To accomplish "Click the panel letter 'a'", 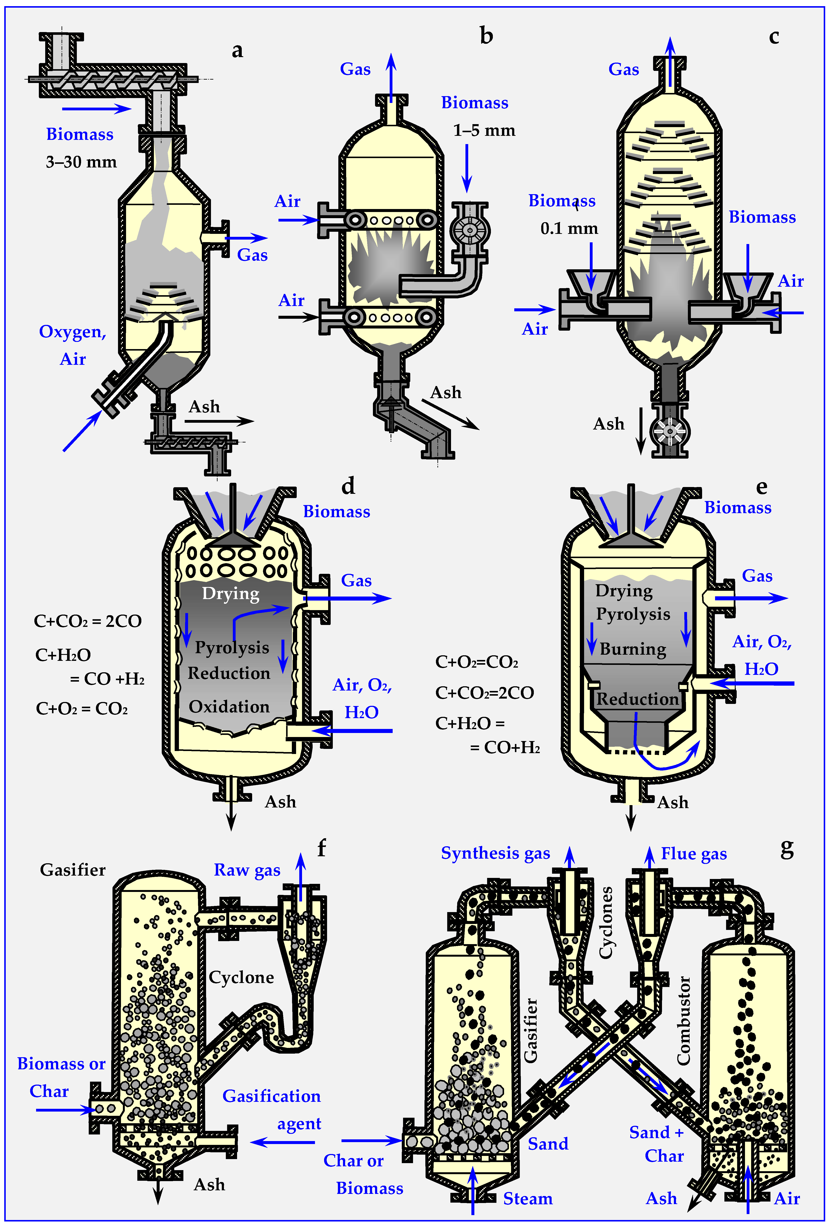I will tap(238, 51).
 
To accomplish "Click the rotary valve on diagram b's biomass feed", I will tap(469, 230).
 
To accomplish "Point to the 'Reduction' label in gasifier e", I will tap(637, 699).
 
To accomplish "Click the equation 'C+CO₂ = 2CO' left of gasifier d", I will tap(88, 621).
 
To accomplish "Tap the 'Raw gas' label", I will tap(247, 870).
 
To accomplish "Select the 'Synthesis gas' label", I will tap(495, 853).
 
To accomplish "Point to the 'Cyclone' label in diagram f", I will tap(241, 977).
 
